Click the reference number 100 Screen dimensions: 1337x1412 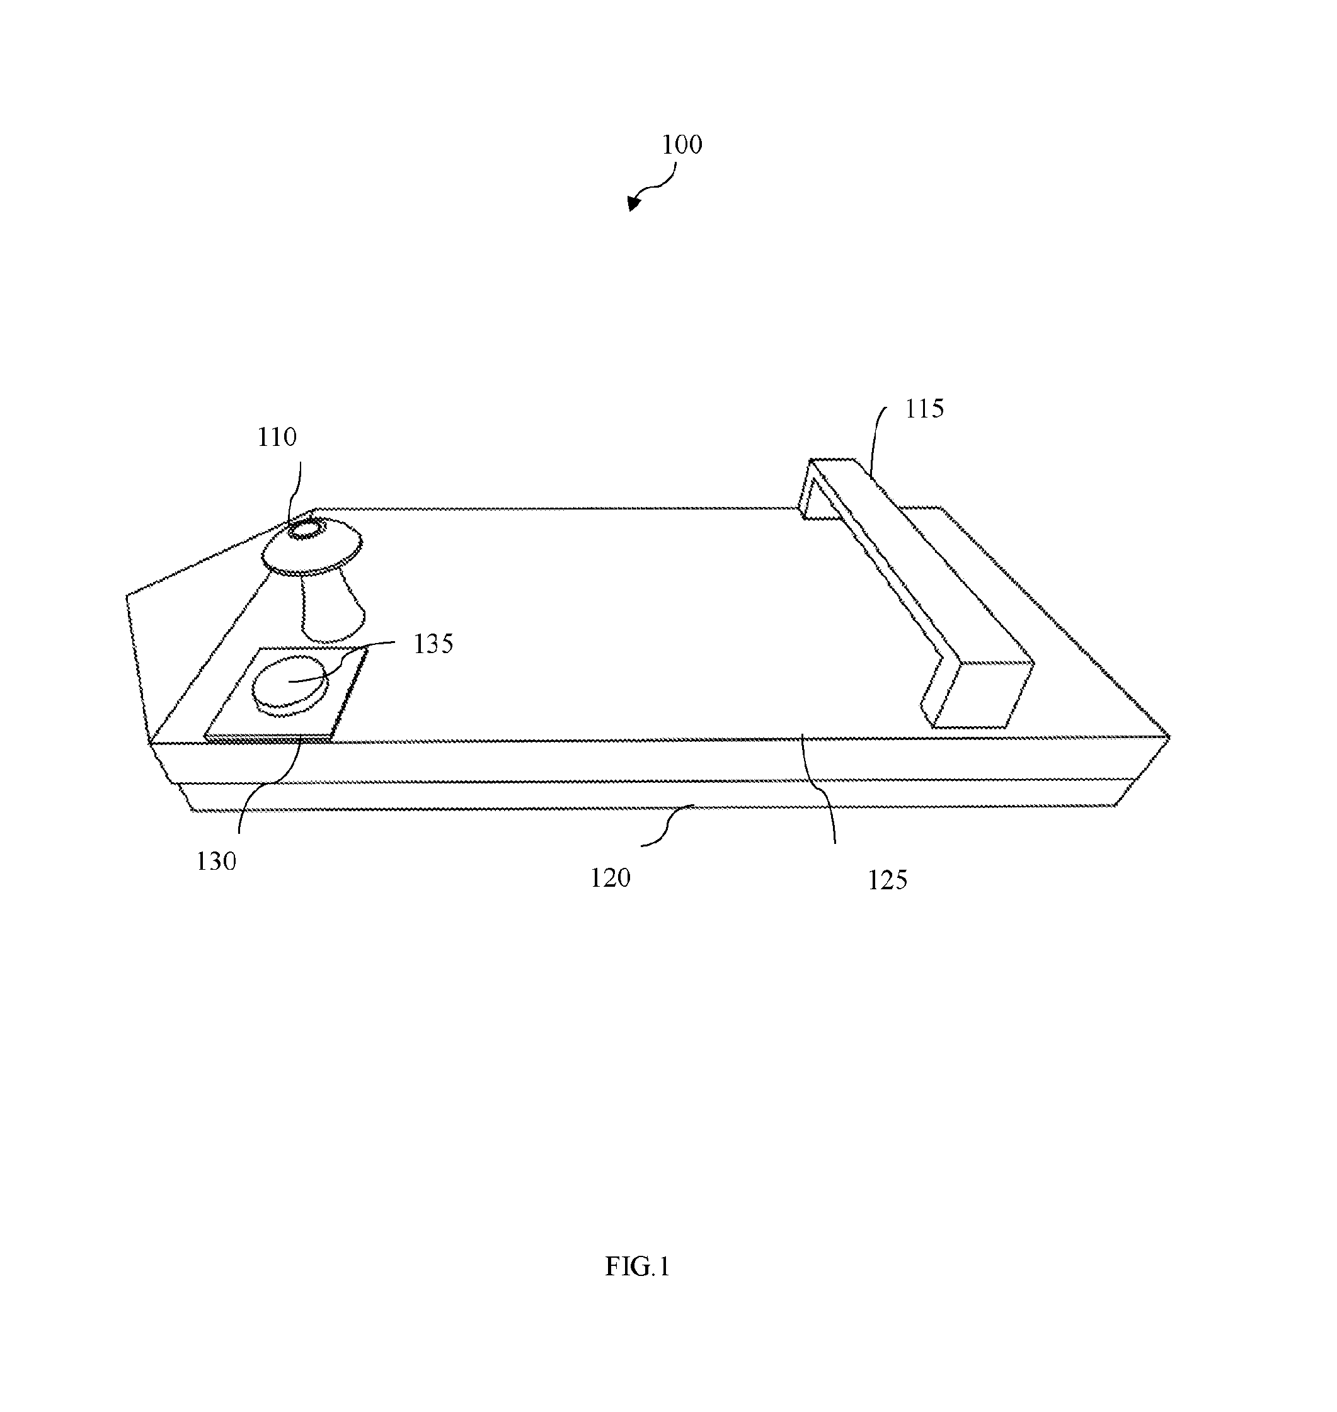coord(682,145)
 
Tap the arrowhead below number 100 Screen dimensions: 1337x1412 coord(633,204)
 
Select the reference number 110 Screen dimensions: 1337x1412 coord(277,436)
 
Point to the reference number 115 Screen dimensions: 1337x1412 coord(924,408)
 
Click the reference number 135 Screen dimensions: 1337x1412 coord(433,644)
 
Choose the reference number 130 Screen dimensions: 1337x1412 coord(216,862)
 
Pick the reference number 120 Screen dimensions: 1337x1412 coord(610,878)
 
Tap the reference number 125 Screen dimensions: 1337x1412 coord(887,880)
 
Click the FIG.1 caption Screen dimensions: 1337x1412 coord(637,1266)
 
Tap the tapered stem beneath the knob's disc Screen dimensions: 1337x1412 coord(331,606)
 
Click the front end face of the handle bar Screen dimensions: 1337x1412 coord(984,695)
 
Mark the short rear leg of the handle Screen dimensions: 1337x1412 coord(809,492)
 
